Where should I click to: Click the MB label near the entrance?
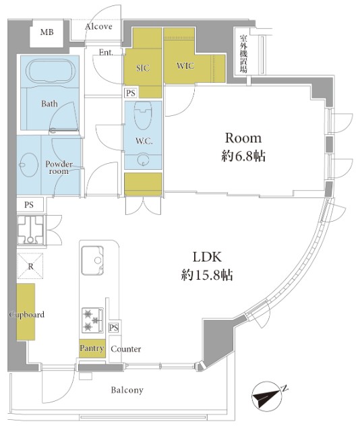(47, 32)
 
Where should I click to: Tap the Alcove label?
(98, 26)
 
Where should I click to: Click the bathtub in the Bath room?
(51, 71)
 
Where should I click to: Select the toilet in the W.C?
(142, 115)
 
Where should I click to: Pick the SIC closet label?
(143, 68)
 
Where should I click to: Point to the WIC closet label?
(185, 65)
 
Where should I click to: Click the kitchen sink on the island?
(92, 260)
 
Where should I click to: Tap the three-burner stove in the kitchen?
(92, 320)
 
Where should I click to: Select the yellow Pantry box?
(92, 348)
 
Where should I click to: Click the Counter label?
(125, 349)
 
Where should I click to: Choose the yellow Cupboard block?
(26, 311)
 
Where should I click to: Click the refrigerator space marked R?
(30, 266)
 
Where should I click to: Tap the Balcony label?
(127, 390)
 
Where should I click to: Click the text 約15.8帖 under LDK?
(207, 275)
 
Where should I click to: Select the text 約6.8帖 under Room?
(243, 156)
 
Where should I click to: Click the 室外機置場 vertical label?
(243, 53)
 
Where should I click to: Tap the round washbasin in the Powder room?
(29, 164)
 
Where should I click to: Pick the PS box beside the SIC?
(131, 93)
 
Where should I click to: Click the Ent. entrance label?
(106, 53)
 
